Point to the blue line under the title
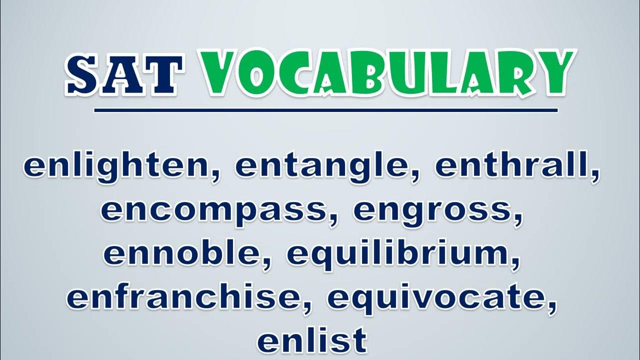[325, 110]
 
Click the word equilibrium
[398, 254]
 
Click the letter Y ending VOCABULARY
[553, 72]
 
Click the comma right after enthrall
[595, 175]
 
